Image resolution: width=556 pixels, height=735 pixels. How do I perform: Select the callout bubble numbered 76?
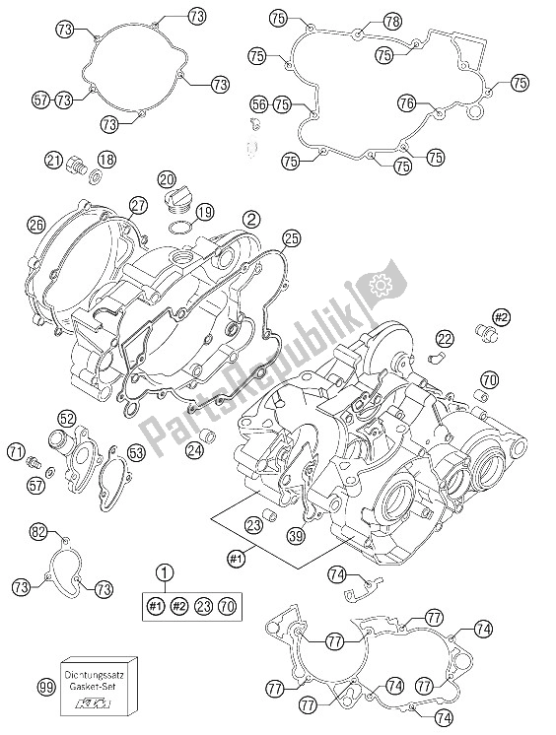click(407, 101)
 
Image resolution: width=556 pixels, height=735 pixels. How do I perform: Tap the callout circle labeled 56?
click(259, 103)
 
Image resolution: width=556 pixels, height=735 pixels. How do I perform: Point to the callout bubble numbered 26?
click(37, 223)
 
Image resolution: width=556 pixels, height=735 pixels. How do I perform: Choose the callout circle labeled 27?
click(137, 204)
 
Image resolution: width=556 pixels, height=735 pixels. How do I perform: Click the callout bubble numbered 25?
click(290, 236)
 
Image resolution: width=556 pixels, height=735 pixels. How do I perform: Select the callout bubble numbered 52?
click(66, 417)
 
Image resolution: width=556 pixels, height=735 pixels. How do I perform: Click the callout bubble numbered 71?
click(17, 451)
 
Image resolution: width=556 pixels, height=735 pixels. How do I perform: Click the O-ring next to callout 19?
click(177, 229)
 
